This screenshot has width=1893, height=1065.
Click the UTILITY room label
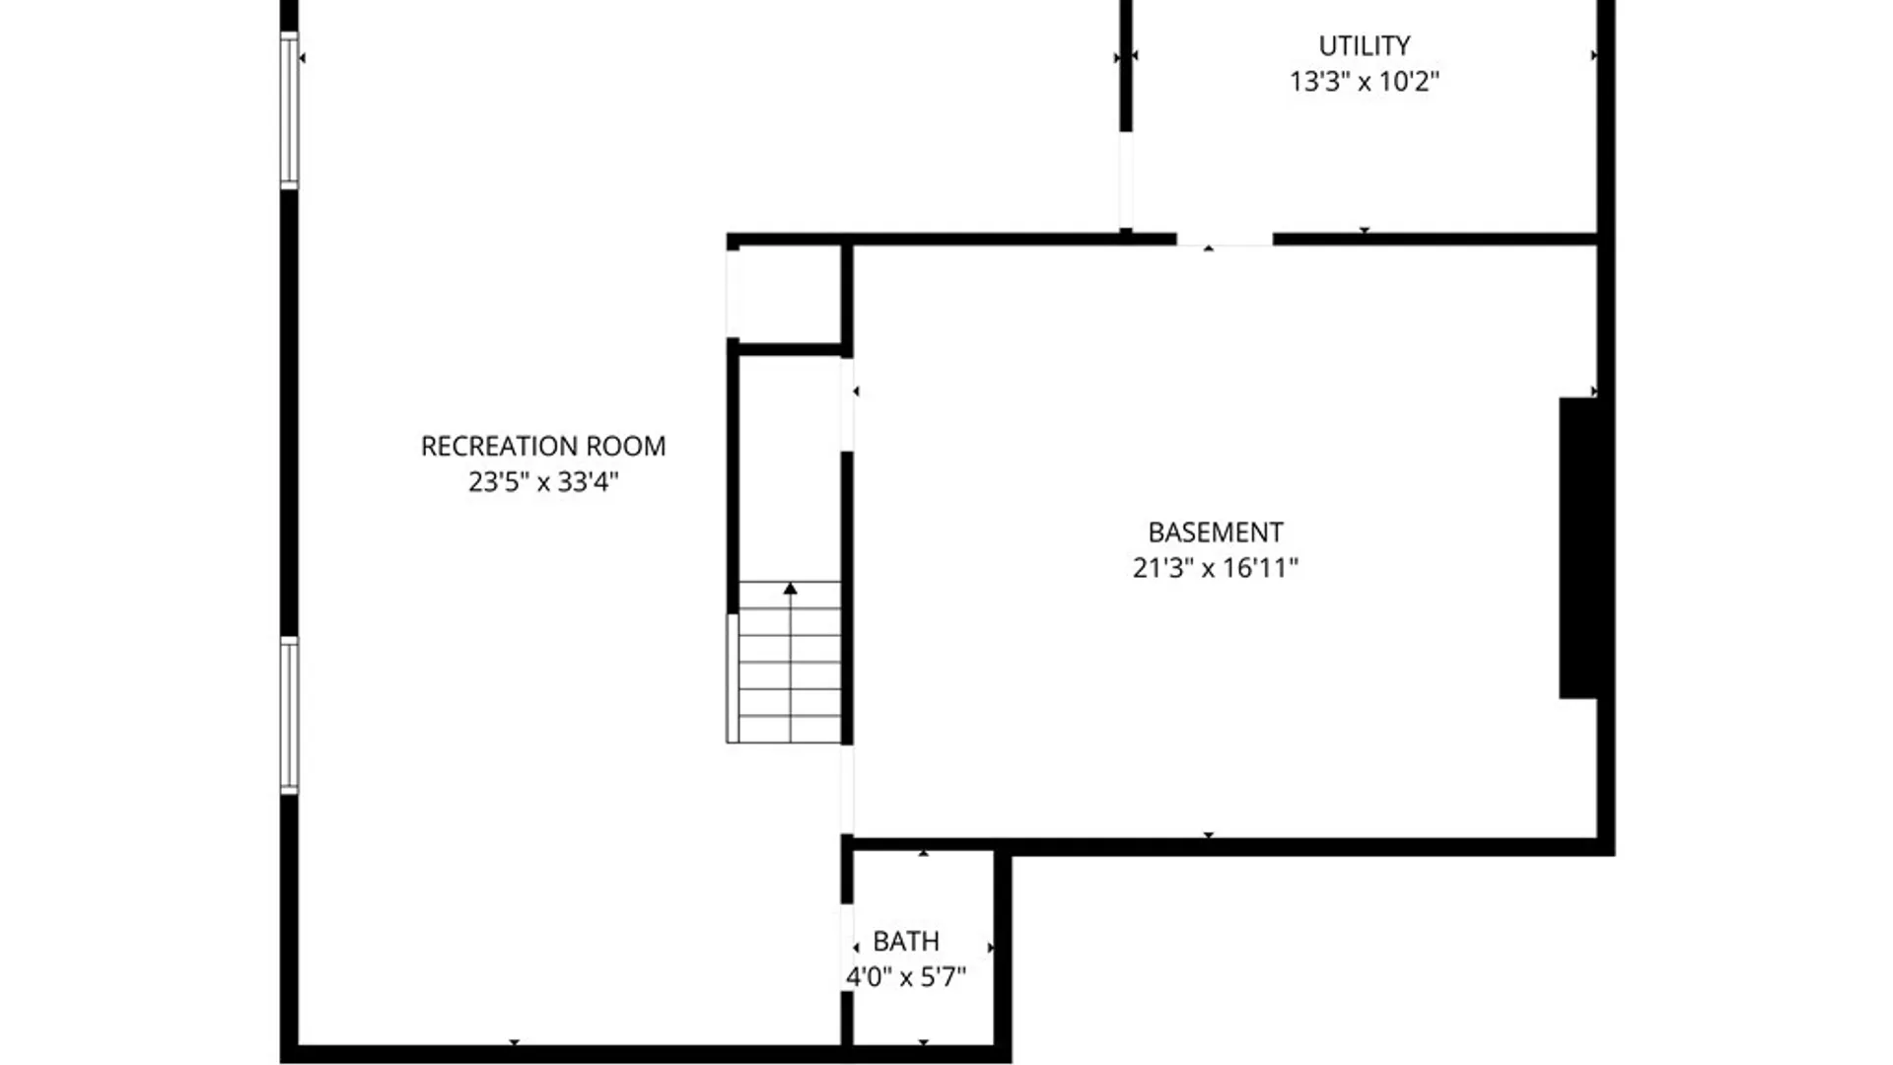(x=1364, y=45)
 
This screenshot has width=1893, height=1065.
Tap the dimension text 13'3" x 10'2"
(x=1364, y=81)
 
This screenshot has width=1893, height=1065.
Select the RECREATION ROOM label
(x=543, y=446)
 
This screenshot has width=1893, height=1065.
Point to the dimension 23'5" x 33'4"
(x=543, y=481)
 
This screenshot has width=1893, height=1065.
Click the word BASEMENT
(x=1216, y=532)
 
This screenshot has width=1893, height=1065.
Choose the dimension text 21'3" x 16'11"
(x=1216, y=568)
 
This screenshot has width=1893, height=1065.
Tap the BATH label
(x=906, y=941)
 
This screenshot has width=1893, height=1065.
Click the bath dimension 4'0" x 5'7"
(x=906, y=976)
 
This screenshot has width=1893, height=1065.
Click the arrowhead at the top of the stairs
(x=790, y=589)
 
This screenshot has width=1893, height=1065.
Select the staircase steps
(x=790, y=671)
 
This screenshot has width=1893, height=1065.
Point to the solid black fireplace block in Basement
(x=1578, y=548)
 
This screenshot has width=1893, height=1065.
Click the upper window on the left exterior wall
(x=289, y=109)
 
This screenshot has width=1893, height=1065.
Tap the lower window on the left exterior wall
(x=289, y=715)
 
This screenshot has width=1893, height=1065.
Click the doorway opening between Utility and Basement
(x=1225, y=240)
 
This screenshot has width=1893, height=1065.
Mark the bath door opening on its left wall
(x=847, y=947)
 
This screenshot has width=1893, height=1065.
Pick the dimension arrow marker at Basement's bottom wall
(x=1209, y=835)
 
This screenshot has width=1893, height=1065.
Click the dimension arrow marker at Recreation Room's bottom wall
(x=514, y=1041)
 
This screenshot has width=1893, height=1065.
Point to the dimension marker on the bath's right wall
(x=990, y=948)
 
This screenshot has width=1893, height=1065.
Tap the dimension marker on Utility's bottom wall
(x=1365, y=231)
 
